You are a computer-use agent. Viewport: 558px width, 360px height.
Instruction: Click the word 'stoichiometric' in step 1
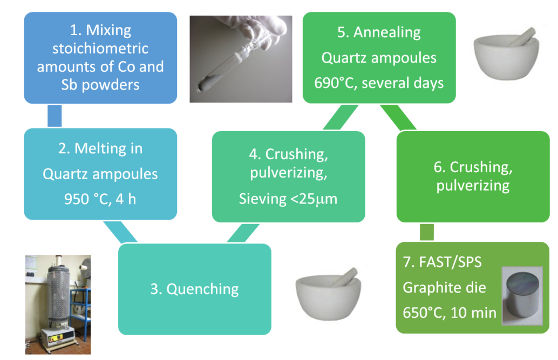pyautogui.click(x=100, y=49)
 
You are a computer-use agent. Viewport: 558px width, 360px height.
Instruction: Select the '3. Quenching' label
pyautogui.click(x=194, y=289)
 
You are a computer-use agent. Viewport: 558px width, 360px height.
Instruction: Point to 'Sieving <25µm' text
pyautogui.click(x=288, y=199)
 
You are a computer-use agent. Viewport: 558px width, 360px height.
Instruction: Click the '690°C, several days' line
pyautogui.click(x=379, y=83)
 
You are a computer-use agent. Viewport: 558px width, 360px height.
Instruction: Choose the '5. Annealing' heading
pyautogui.click(x=379, y=32)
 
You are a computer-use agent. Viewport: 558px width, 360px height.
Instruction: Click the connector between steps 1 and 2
pyautogui.click(x=55, y=116)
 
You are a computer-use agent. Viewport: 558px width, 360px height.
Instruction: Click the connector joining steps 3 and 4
pyautogui.click(x=239, y=233)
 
